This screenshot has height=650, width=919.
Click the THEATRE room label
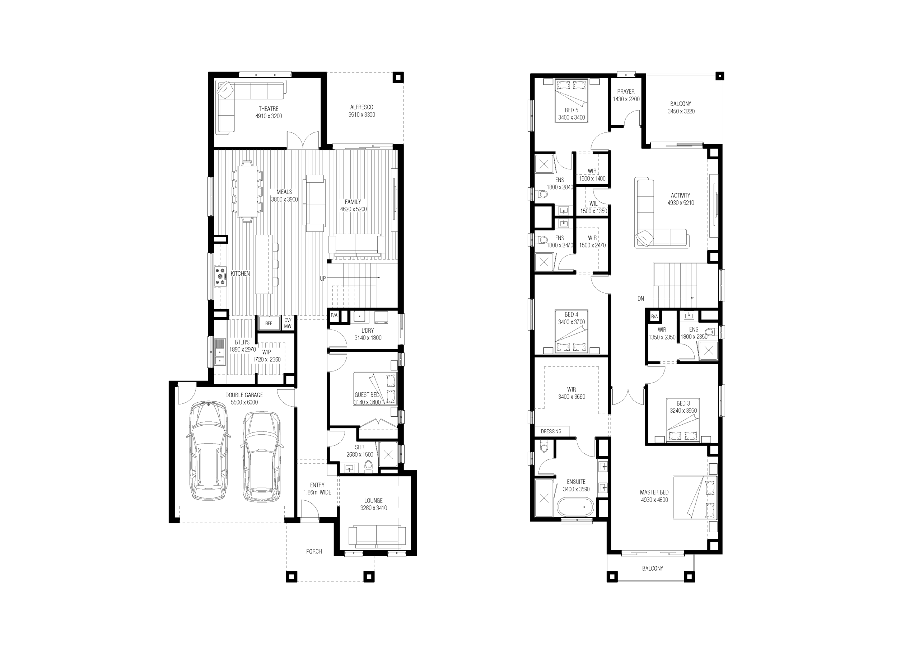click(x=269, y=109)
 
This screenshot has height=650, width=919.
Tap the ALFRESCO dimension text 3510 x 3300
click(x=361, y=115)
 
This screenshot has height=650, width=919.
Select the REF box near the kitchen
click(x=269, y=323)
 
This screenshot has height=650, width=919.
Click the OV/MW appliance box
click(x=288, y=323)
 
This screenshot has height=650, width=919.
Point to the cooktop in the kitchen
click(x=220, y=277)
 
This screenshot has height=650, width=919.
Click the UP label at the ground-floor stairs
click(x=323, y=279)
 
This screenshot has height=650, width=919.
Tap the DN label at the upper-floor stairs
click(x=641, y=299)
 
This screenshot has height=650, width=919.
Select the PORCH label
click(x=314, y=552)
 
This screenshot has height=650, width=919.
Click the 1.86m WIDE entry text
click(x=317, y=493)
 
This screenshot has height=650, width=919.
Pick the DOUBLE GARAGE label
click(x=244, y=395)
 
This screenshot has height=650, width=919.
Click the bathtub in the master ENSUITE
click(x=575, y=508)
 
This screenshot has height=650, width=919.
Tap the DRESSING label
click(x=551, y=431)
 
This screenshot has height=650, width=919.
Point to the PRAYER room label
click(x=626, y=92)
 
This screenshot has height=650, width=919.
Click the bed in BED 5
click(x=571, y=101)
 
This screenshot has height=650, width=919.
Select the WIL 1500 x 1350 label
click(x=594, y=207)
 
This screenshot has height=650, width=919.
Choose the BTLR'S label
click(x=242, y=342)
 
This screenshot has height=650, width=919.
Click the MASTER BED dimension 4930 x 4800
click(x=654, y=500)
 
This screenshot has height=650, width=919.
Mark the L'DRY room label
click(x=368, y=331)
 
